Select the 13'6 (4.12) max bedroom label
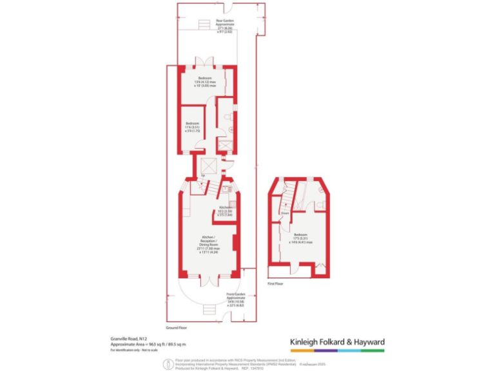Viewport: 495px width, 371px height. click(206, 82)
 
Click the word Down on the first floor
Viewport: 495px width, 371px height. click(284, 212)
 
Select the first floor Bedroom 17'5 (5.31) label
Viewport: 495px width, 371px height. click(300, 238)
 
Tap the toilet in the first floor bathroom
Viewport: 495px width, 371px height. click(320, 205)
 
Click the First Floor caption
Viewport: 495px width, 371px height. click(275, 283)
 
